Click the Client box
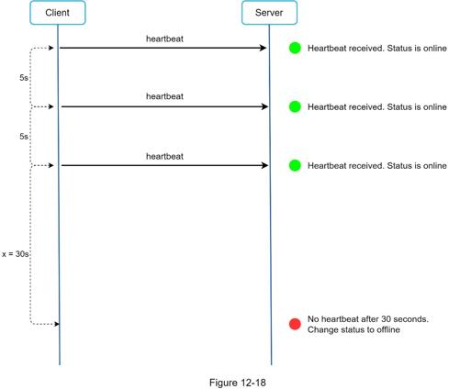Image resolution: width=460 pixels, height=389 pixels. [58, 13]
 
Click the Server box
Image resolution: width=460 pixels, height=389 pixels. [269, 13]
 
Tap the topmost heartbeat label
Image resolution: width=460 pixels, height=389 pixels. [164, 39]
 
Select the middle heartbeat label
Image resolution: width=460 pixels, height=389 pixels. [164, 96]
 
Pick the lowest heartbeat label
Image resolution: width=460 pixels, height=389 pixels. [164, 156]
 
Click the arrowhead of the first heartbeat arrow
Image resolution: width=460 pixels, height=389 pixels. [263, 48]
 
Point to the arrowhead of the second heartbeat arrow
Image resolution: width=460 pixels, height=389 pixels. [264, 106]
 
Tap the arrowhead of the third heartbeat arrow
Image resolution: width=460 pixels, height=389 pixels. [264, 165]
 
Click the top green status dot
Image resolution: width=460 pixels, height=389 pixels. [295, 48]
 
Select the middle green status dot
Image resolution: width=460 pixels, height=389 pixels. [295, 106]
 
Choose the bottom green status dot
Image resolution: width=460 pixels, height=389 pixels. [295, 165]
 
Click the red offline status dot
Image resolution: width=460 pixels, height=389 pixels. [295, 324]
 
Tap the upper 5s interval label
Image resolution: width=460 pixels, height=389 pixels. [24, 78]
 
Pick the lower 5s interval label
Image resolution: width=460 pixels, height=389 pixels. [24, 137]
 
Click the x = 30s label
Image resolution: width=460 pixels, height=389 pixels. [16, 254]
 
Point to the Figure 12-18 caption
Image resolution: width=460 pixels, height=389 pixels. [238, 383]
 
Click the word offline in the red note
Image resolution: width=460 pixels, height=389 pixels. [388, 329]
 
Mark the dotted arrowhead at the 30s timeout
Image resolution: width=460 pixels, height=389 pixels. [57, 324]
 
